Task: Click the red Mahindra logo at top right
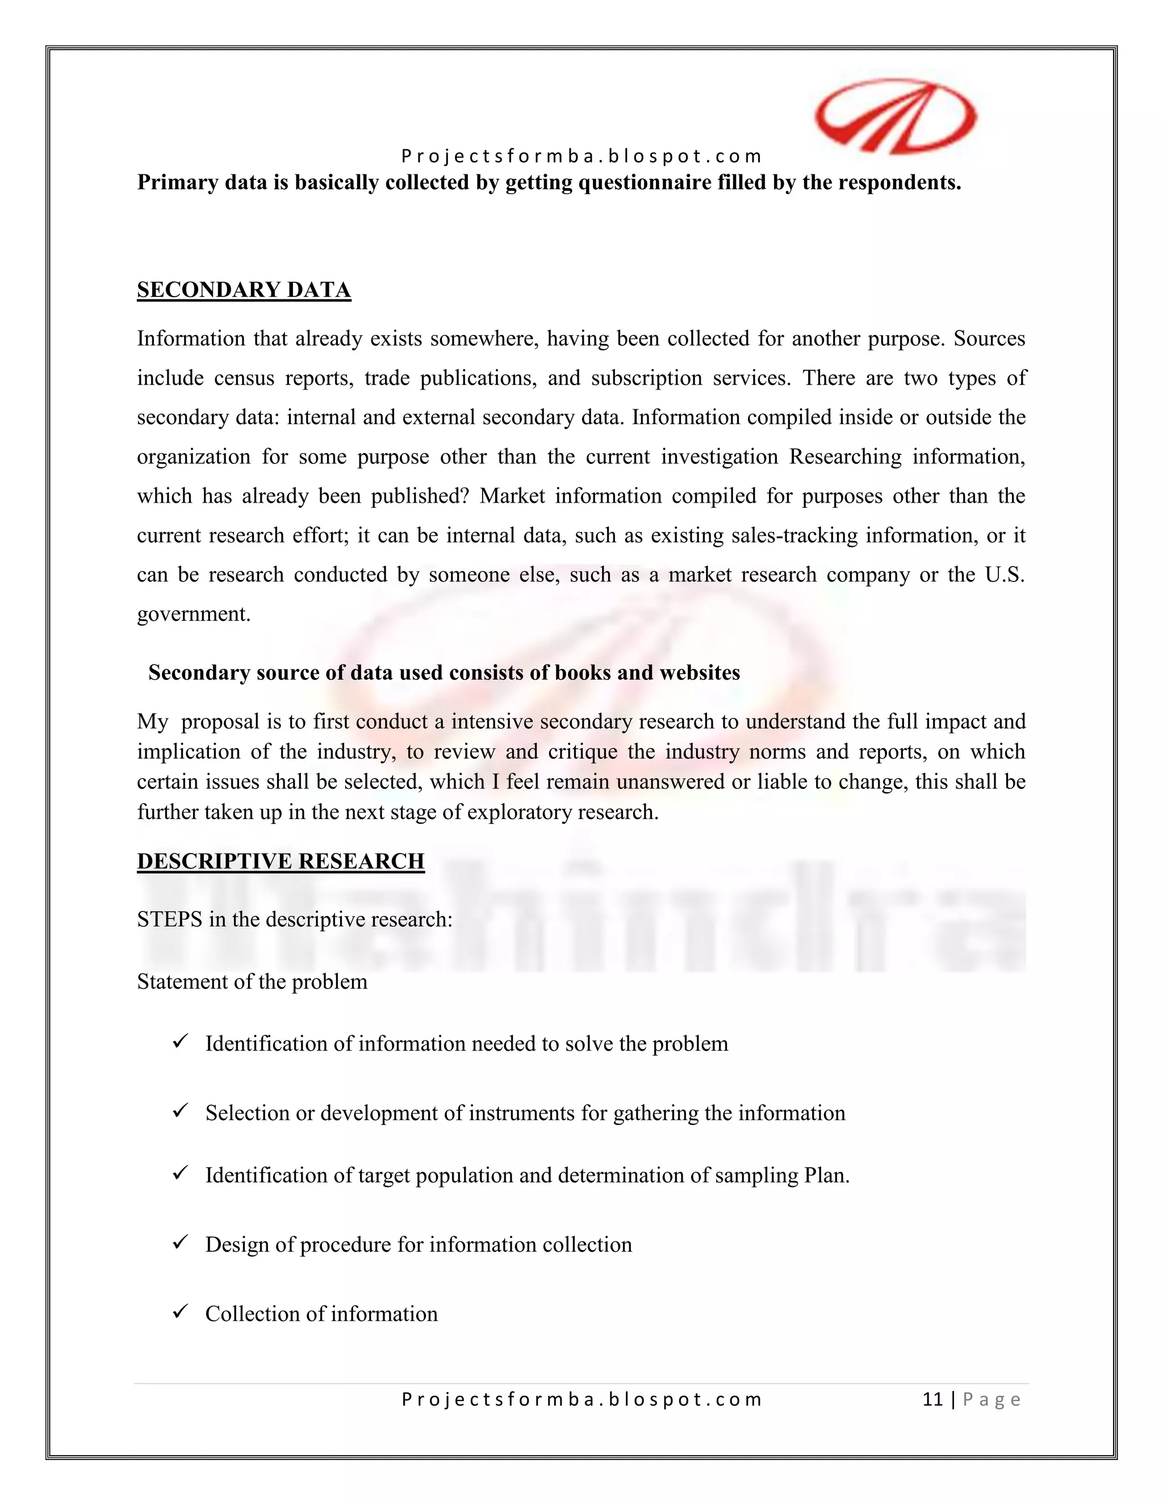pyautogui.click(x=895, y=116)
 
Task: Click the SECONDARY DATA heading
pyautogui.click(x=244, y=290)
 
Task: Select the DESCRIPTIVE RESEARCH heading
pyautogui.click(x=281, y=862)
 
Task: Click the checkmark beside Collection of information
pyautogui.click(x=181, y=1312)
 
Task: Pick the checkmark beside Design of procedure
pyautogui.click(x=181, y=1243)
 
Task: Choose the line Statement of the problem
pyautogui.click(x=252, y=981)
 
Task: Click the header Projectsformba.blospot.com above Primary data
pyautogui.click(x=581, y=156)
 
